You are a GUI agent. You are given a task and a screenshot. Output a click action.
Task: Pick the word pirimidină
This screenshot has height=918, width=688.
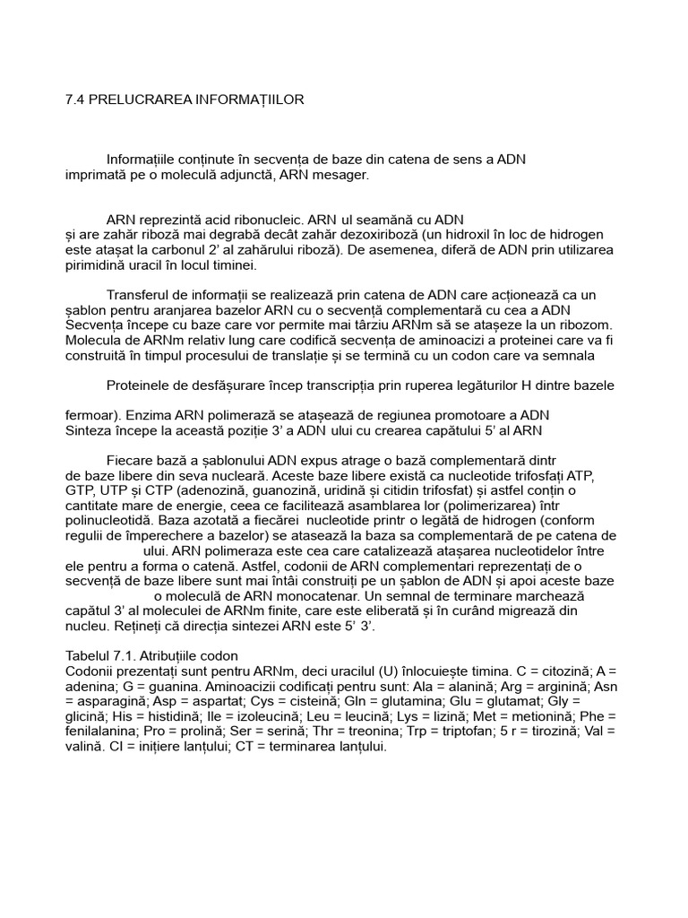click(x=98, y=265)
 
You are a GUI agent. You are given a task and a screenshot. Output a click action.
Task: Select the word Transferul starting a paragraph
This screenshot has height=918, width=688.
click(x=139, y=295)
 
